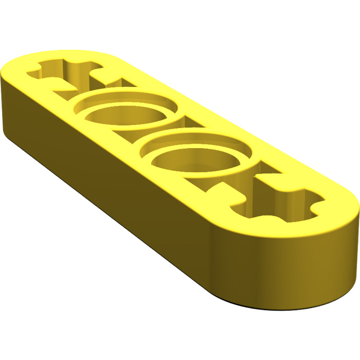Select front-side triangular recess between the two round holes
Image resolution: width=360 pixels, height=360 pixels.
click(x=135, y=146)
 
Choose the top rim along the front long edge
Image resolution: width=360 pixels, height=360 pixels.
click(x=129, y=159)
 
